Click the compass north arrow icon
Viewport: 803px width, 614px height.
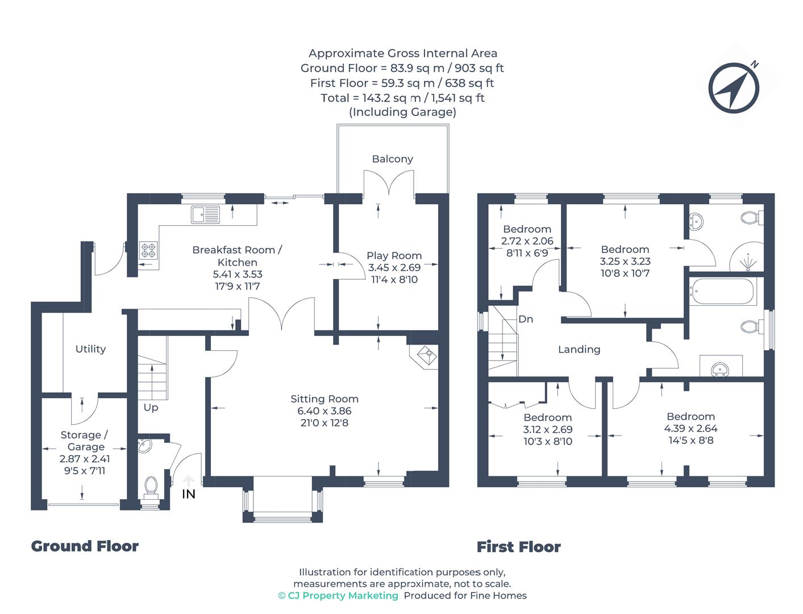click(x=733, y=88)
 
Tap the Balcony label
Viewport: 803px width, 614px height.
click(x=392, y=159)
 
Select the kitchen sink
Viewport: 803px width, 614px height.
click(x=205, y=214)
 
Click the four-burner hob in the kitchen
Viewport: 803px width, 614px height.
click(x=148, y=250)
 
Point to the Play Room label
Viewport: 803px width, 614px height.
click(x=394, y=255)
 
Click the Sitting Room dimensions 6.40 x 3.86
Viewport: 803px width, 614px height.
click(x=324, y=411)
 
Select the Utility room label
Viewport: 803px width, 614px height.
click(x=90, y=349)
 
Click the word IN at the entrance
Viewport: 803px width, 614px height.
click(x=189, y=495)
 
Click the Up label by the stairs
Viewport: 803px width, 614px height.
click(x=151, y=408)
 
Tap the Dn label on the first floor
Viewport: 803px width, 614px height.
click(x=525, y=319)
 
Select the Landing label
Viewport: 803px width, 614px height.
click(x=579, y=350)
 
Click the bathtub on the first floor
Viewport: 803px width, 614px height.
click(x=723, y=292)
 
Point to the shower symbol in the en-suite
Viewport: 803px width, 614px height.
click(x=748, y=262)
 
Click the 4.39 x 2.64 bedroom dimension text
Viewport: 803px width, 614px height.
click(x=690, y=428)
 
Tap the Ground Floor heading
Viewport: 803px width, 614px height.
click(x=85, y=546)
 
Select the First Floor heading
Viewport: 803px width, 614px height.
click(x=519, y=547)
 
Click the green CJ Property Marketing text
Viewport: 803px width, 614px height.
click(x=338, y=596)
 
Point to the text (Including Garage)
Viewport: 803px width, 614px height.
click(x=402, y=112)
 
